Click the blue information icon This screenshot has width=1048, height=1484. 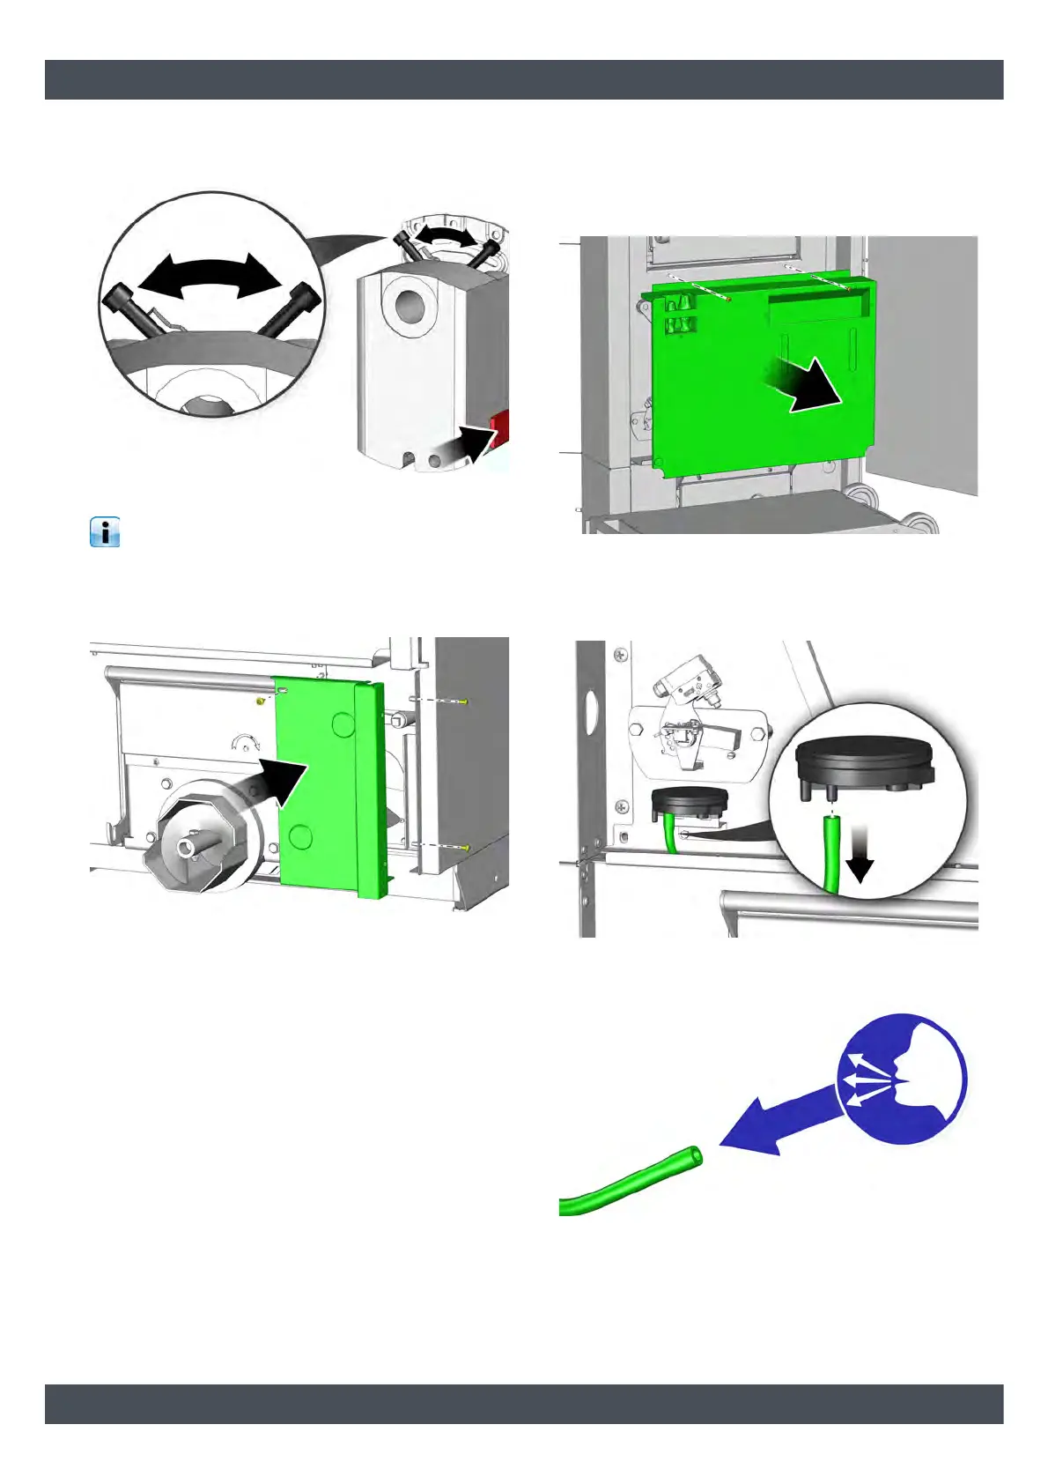[x=105, y=533]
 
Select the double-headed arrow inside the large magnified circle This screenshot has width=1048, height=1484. [x=210, y=278]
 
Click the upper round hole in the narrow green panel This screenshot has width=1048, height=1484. [x=343, y=724]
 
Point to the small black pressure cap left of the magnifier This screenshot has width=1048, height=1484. [x=690, y=801]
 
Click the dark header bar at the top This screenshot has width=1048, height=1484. [x=524, y=79]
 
